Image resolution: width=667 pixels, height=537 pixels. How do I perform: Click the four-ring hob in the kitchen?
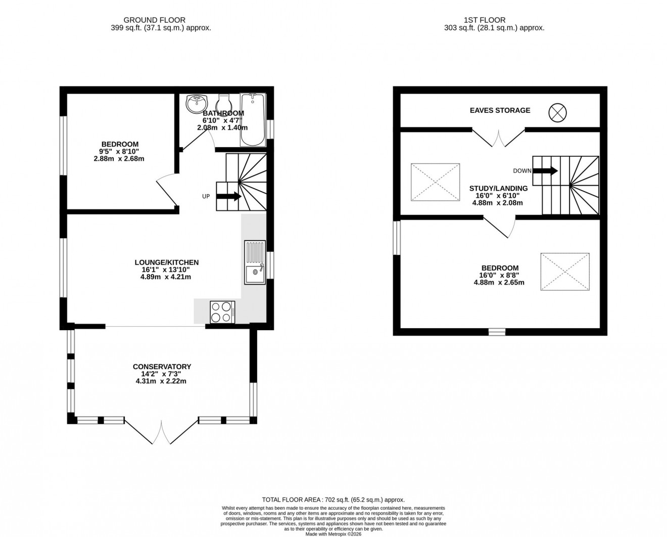point(222,311)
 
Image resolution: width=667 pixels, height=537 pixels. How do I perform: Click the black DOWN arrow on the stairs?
point(545,171)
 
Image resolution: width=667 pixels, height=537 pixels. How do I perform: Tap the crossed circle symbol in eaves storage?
point(557,112)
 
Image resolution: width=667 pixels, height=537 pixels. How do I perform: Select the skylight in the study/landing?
point(435,182)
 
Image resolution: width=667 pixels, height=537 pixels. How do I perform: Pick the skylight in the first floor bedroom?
point(564,272)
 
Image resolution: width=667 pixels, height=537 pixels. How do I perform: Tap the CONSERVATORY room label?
point(162,367)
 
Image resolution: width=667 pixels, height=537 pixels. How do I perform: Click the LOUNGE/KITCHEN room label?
point(166,262)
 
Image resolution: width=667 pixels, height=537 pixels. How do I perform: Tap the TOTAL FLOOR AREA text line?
point(333,499)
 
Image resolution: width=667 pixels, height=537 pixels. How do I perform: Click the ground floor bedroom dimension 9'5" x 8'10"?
point(119,151)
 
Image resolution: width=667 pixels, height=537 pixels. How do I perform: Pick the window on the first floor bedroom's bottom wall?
point(497,332)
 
